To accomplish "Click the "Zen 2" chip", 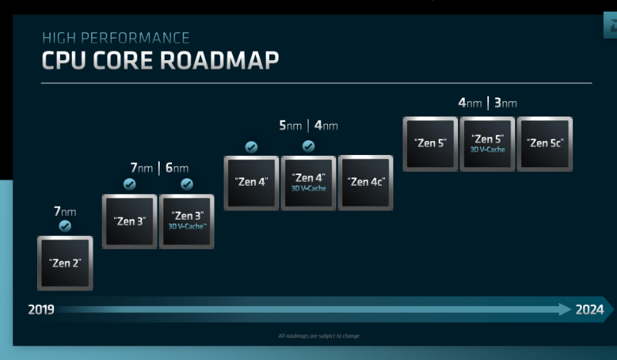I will [x=65, y=263].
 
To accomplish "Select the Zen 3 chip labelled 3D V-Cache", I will [x=186, y=221].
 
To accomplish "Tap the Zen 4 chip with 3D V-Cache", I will [x=308, y=183].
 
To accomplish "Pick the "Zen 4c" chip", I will [x=366, y=183].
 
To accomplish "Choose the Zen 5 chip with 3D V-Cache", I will [x=487, y=143].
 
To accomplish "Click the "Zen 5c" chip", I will [x=544, y=143].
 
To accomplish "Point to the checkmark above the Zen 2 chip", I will [x=65, y=226].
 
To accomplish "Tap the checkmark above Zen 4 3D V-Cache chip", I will [x=308, y=146].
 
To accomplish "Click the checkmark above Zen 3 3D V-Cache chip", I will [x=186, y=184].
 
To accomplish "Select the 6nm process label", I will [x=177, y=167].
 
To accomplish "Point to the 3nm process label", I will [x=505, y=103].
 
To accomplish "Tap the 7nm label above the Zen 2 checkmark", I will [x=65, y=210].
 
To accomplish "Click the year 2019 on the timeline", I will [x=40, y=310].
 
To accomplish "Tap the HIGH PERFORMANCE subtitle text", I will [x=116, y=37].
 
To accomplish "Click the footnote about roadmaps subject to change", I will [x=319, y=336].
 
